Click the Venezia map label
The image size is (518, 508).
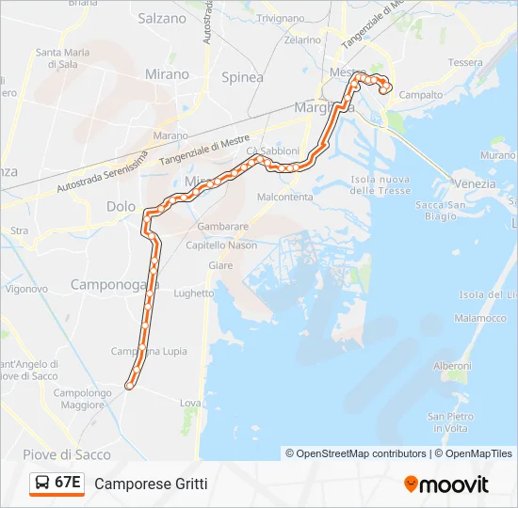pyautogui.click(x=474, y=183)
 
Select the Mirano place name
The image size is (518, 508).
pyautogui.click(x=167, y=74)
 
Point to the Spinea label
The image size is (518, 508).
pyautogui.click(x=242, y=77)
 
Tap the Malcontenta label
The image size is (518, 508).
pyautogui.click(x=284, y=197)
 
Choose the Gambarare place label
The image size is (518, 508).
pyautogui.click(x=223, y=227)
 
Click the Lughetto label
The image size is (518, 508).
pyautogui.click(x=194, y=293)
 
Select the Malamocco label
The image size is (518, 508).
pyautogui.click(x=481, y=318)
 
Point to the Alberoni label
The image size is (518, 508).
pyautogui.click(x=451, y=365)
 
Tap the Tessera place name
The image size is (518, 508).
pyautogui.click(x=465, y=62)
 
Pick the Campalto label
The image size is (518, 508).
pyautogui.click(x=422, y=95)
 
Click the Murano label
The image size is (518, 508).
pyautogui.click(x=498, y=154)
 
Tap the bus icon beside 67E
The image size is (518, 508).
pyautogui.click(x=43, y=483)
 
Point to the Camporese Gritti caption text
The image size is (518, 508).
pyautogui.click(x=151, y=484)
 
